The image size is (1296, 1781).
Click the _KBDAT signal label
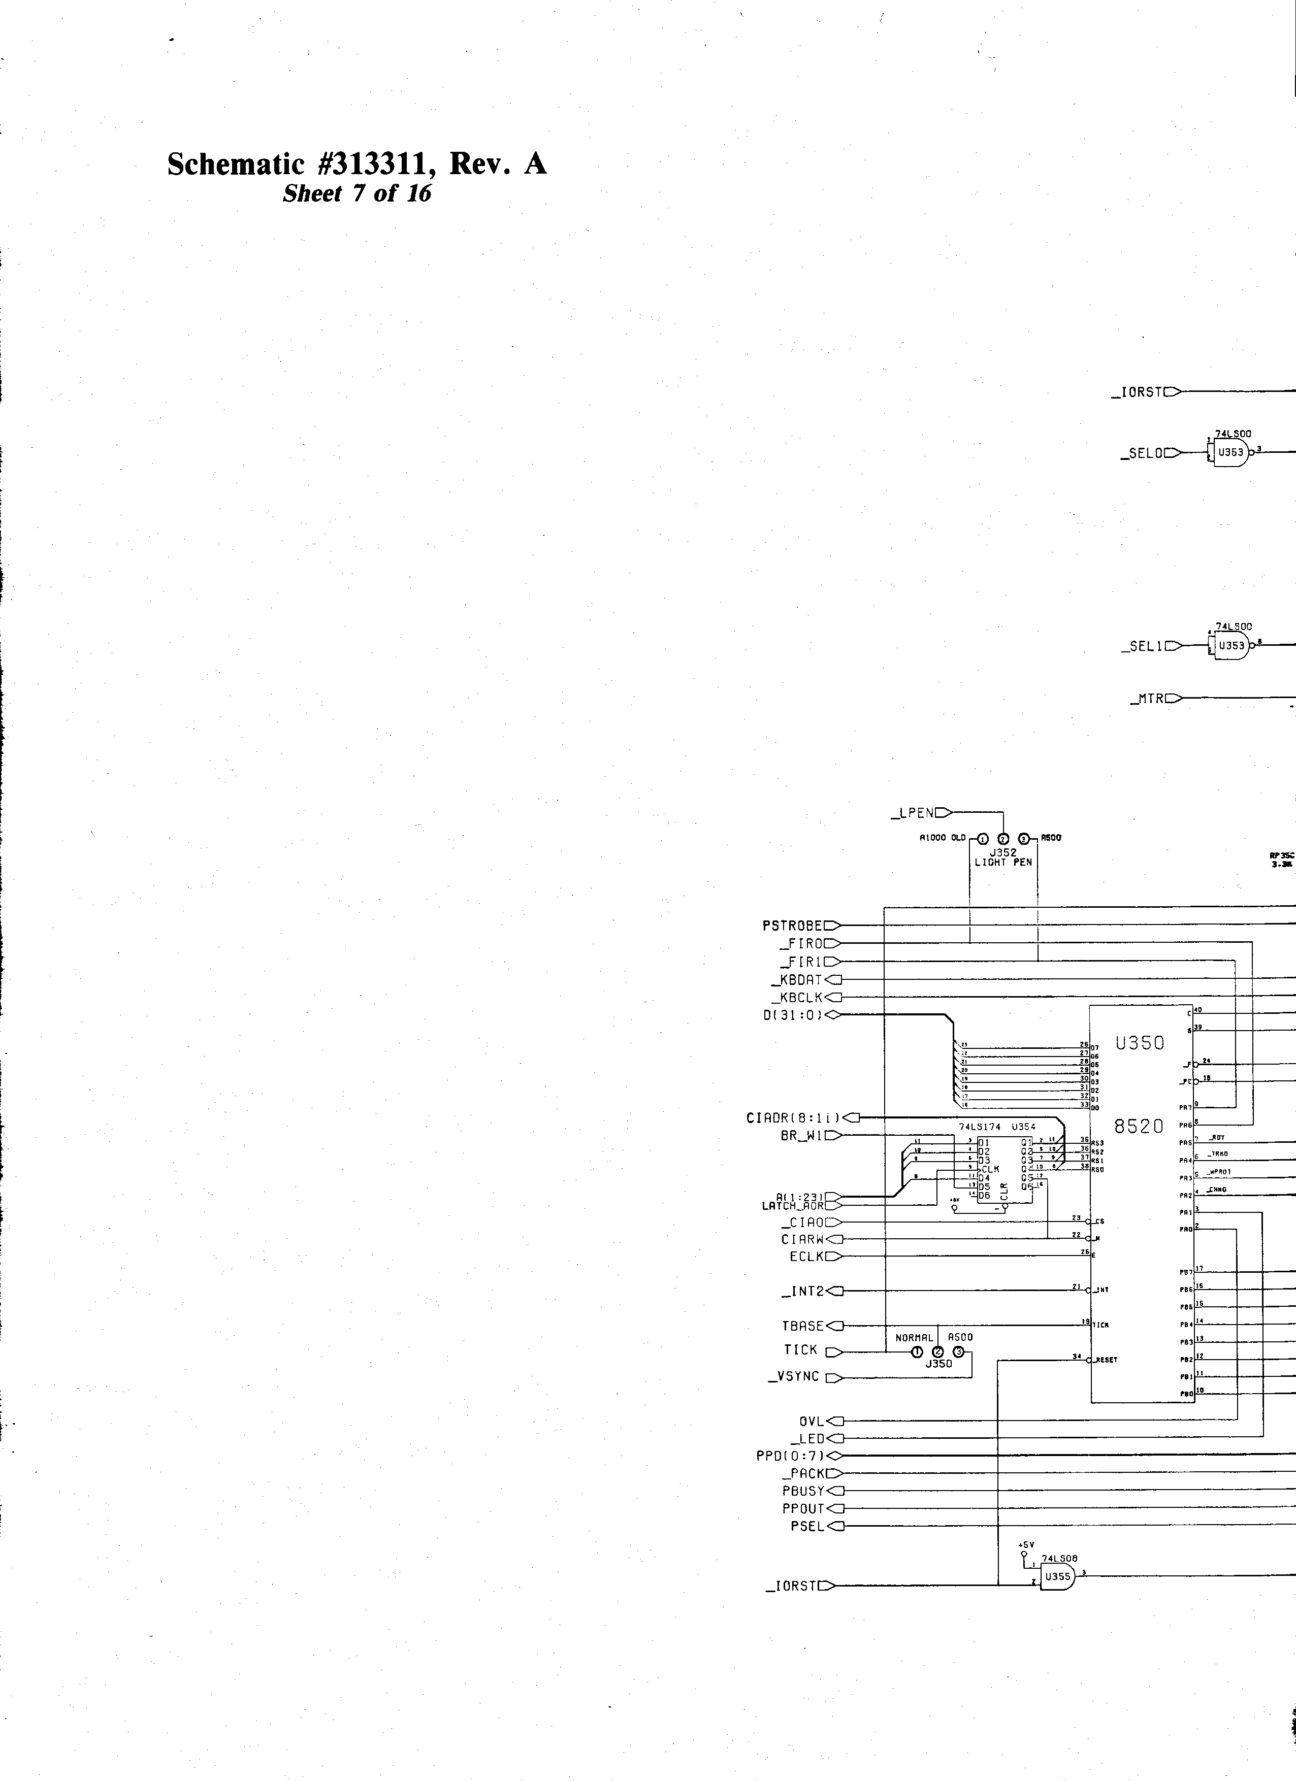click(796, 979)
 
